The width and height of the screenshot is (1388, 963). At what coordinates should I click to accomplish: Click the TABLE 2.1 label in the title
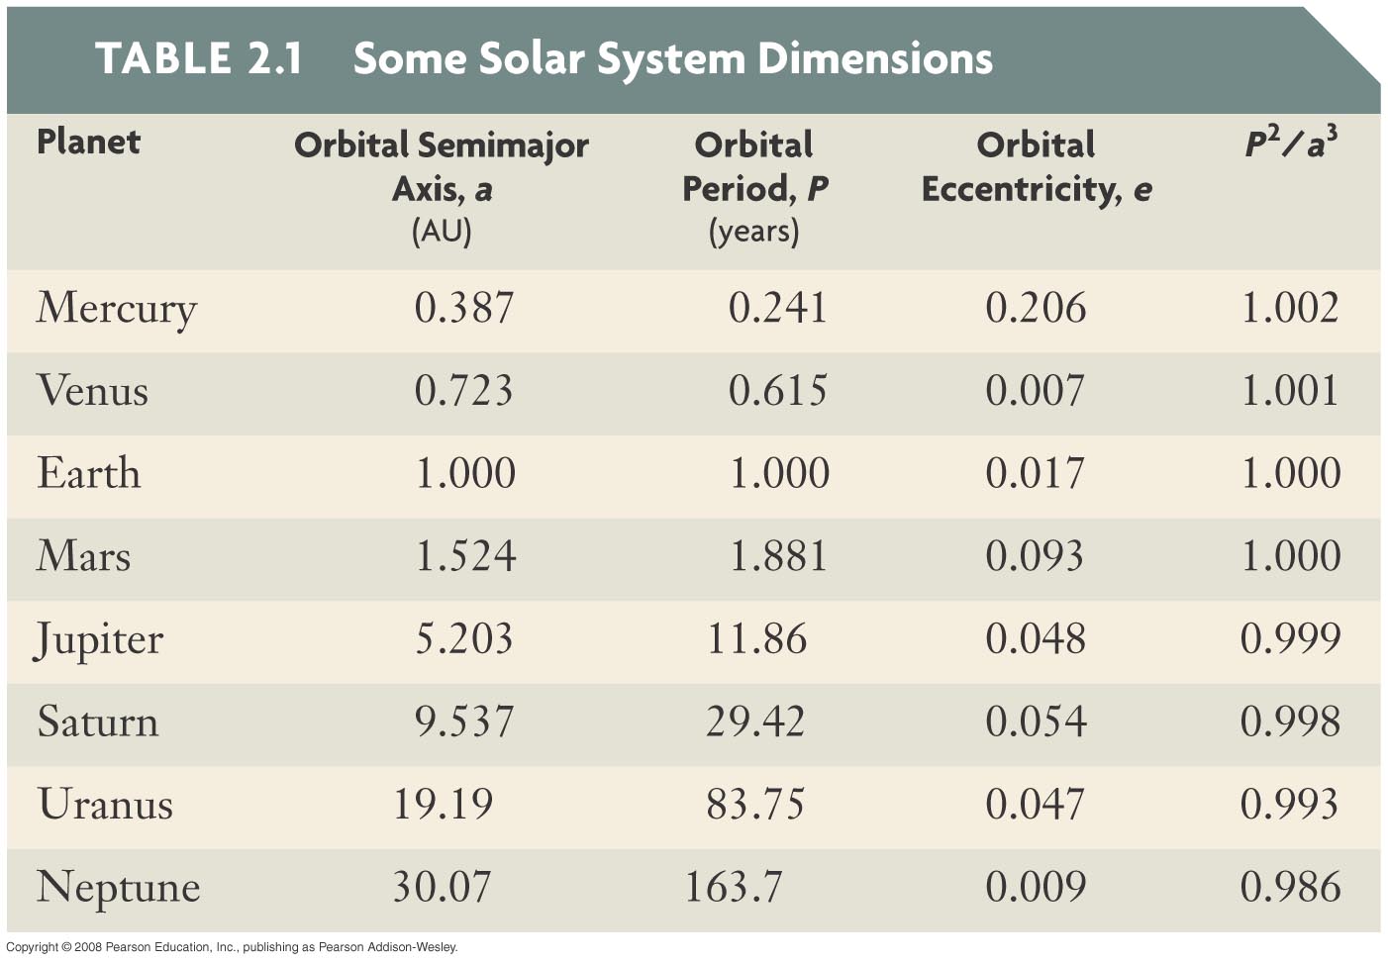(x=198, y=58)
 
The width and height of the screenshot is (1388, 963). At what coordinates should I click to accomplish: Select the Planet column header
(x=88, y=143)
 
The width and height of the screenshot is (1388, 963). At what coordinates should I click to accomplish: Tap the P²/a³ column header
(x=1290, y=144)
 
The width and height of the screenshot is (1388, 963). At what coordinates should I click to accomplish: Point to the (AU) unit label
(x=442, y=231)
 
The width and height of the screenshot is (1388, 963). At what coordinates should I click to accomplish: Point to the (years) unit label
(x=753, y=231)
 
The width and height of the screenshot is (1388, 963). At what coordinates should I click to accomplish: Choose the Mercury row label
(x=117, y=309)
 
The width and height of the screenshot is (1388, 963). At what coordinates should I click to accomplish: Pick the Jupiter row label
(x=99, y=639)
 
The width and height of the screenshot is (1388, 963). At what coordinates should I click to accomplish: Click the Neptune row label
(x=118, y=888)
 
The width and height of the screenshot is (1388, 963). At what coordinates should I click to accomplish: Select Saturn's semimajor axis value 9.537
(x=464, y=722)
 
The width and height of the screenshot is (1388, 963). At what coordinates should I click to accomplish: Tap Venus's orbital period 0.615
(x=777, y=391)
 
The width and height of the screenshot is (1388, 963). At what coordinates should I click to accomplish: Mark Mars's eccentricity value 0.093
(x=1035, y=556)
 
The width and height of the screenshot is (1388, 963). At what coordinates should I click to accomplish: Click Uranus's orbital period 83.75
(x=755, y=804)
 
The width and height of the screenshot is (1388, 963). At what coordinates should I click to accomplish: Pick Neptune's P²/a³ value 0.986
(x=1290, y=887)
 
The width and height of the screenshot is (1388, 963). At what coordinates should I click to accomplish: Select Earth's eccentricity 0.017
(x=1035, y=473)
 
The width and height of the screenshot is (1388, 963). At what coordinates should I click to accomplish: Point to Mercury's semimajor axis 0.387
(x=464, y=308)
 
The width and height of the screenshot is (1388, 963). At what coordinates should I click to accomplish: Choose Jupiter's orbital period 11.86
(x=756, y=638)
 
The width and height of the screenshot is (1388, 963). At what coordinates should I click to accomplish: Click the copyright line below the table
(x=232, y=947)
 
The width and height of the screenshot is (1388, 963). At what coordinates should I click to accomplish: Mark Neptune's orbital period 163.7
(x=734, y=887)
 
